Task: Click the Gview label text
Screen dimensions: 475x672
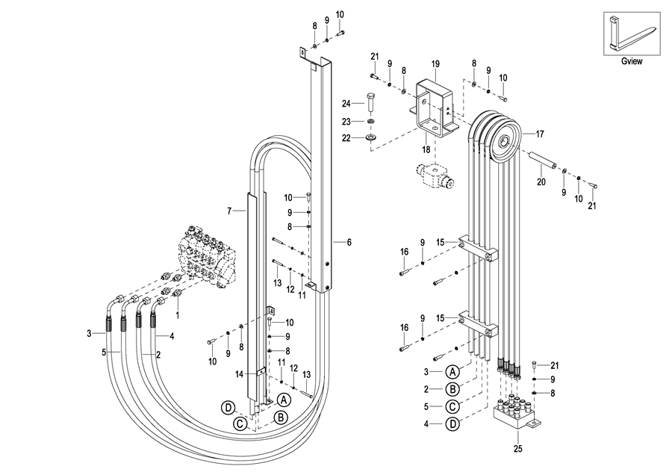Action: tap(632, 62)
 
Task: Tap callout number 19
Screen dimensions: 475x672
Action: tap(435, 63)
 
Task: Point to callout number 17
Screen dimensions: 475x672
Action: tap(540, 134)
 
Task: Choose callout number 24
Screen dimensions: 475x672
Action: tap(346, 103)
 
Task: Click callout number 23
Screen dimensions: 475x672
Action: tap(346, 121)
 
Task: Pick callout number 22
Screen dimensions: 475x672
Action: tap(346, 137)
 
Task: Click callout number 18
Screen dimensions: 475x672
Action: tap(426, 149)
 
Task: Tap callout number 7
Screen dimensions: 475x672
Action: tap(230, 211)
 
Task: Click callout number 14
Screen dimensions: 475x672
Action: tap(240, 373)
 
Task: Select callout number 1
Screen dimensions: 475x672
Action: tap(176, 315)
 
